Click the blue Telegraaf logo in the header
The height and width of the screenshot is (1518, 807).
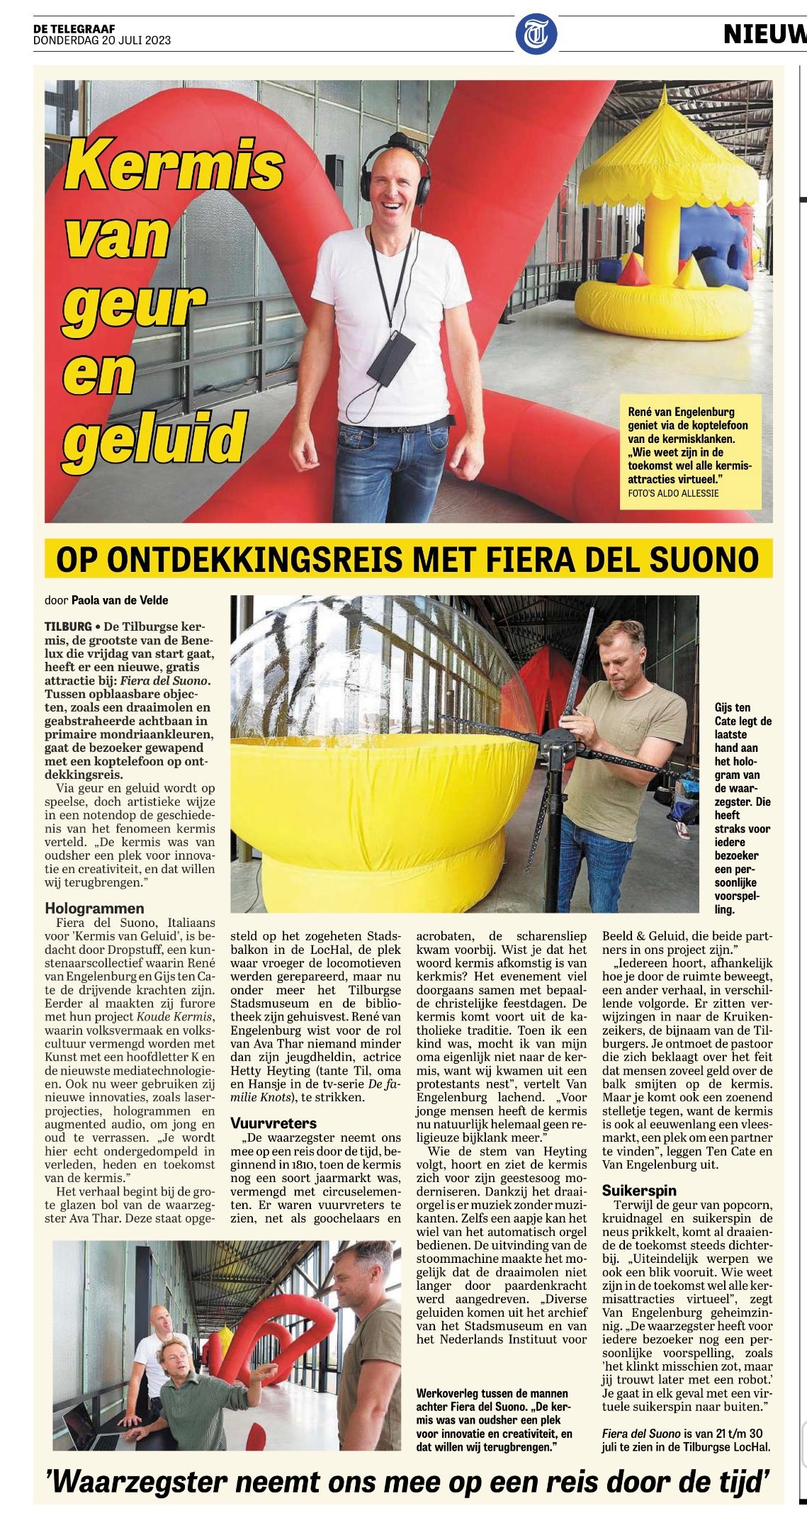(x=536, y=33)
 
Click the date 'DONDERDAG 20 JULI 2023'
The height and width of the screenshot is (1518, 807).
(x=102, y=40)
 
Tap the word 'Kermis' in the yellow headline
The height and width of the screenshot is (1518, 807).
(x=174, y=166)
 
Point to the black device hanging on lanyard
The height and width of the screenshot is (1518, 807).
(x=390, y=357)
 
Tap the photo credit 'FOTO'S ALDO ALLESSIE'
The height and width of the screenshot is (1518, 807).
(x=673, y=493)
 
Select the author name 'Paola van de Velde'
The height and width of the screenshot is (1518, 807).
(x=120, y=600)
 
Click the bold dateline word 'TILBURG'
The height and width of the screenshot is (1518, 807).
(x=68, y=626)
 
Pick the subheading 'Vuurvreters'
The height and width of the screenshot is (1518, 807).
(x=273, y=1123)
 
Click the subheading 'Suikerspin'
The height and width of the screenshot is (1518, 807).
(x=639, y=1190)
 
